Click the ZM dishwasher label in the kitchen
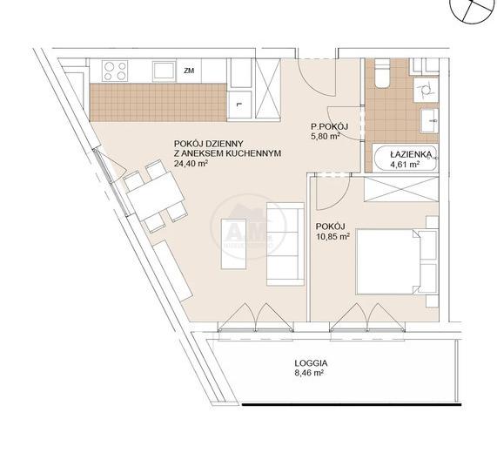click(x=189, y=71)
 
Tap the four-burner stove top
click(x=115, y=71)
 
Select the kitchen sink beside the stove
click(x=164, y=71)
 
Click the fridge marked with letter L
click(x=240, y=105)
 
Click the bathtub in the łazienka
click(x=405, y=159)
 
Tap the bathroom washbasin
click(x=429, y=120)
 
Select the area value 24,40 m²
click(x=191, y=164)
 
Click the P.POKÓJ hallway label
click(x=329, y=127)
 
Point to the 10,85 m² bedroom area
click(x=332, y=236)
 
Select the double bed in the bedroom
click(x=397, y=262)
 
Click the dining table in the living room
click(x=155, y=196)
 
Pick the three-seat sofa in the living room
click(x=285, y=244)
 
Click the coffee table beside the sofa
click(x=234, y=244)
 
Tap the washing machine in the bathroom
click(x=426, y=90)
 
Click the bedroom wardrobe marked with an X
click(x=401, y=189)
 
